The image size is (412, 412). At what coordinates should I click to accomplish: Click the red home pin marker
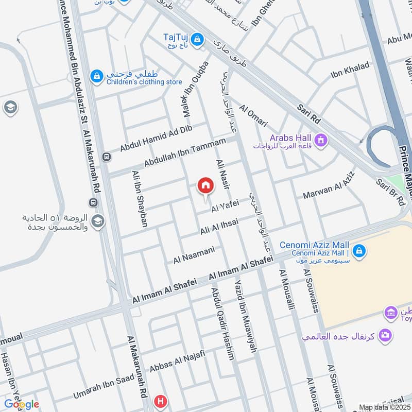pyautogui.click(x=205, y=186)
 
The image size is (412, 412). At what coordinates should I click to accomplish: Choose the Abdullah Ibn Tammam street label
pyautogui.click(x=185, y=152)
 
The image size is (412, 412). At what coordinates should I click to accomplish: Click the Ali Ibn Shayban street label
pyautogui.click(x=140, y=198)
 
